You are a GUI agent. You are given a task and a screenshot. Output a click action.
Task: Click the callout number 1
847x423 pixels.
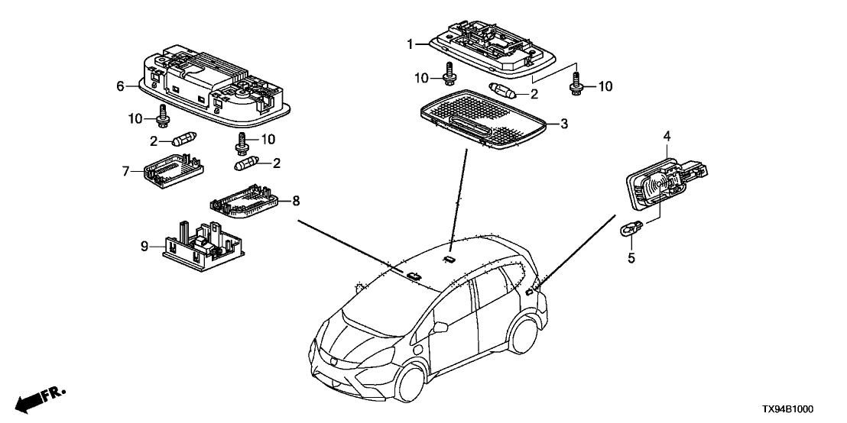pyautogui.click(x=410, y=44)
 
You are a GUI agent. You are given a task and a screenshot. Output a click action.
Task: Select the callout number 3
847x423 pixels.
pyautogui.click(x=564, y=122)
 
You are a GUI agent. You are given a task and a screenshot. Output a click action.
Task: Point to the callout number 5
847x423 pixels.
pyautogui.click(x=631, y=258)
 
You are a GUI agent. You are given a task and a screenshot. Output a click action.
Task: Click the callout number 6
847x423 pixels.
pyautogui.click(x=120, y=86)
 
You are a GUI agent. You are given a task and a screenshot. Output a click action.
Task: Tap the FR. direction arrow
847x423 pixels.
pyautogui.click(x=38, y=401)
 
